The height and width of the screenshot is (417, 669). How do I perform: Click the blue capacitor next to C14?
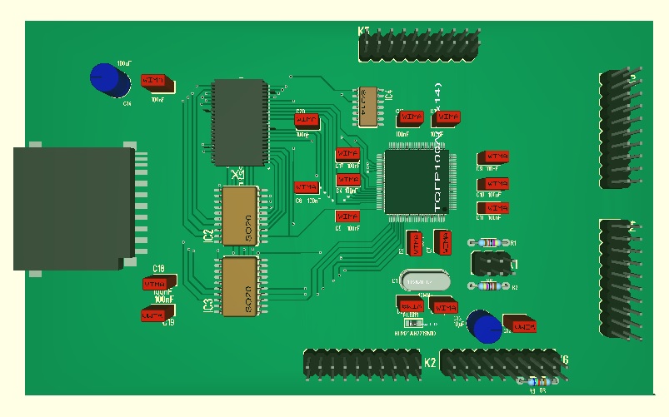tap(110, 80)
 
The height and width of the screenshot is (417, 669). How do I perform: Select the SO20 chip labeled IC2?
tap(240, 216)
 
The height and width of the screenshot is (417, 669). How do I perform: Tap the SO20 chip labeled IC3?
tap(240, 286)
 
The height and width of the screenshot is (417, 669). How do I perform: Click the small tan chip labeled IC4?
tap(367, 107)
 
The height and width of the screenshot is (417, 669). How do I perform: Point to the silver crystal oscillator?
tap(424, 282)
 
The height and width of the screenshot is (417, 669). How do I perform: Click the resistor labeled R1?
tap(491, 243)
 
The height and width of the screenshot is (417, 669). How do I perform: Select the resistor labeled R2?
tap(491, 286)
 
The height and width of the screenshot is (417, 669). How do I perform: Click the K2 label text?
tap(431, 363)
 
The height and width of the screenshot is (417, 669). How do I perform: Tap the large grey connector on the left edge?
tap(73, 208)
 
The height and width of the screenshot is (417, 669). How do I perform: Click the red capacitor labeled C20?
tap(307, 121)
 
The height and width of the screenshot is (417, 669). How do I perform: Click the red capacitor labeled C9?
tap(495, 157)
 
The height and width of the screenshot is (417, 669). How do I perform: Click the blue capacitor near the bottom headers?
tap(482, 325)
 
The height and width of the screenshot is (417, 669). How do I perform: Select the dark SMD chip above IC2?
tap(240, 122)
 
